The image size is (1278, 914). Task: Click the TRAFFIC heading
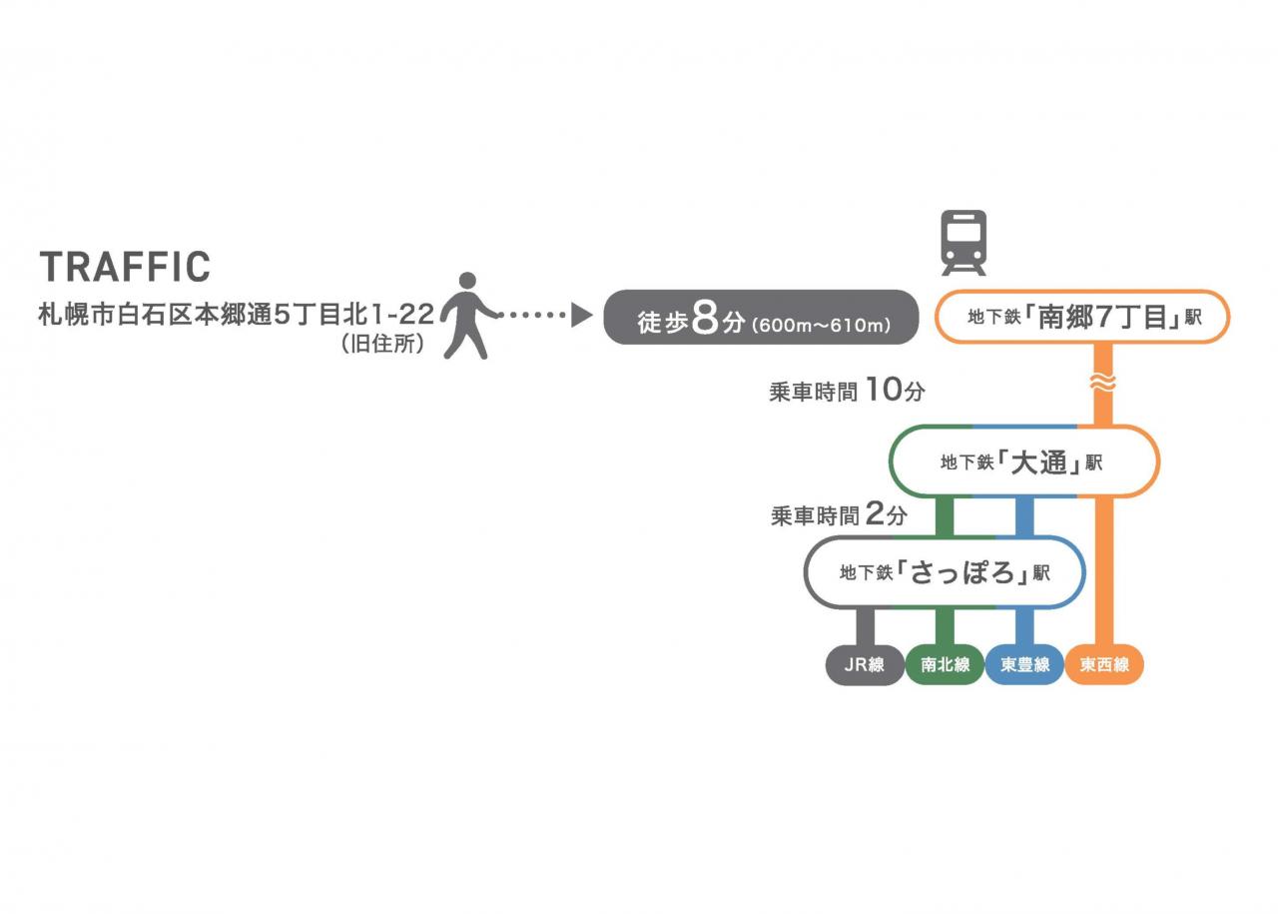pos(125,267)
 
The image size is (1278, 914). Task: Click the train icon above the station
pos(963,242)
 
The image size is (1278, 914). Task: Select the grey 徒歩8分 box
pos(761,318)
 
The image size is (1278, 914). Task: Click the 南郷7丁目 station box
pos(1081,318)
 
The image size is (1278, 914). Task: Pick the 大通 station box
pos(1023,461)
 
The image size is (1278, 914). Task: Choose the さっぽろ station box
pos(944,572)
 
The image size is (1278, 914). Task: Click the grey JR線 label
pos(865,664)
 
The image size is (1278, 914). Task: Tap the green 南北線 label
pos(945,664)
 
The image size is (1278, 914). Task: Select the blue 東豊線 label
pos(1024,664)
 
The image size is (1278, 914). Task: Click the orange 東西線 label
pos(1104,664)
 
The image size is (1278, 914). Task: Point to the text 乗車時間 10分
pos(847,391)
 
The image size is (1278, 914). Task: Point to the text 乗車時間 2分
pos(839,515)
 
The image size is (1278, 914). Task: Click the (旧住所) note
pos(382,345)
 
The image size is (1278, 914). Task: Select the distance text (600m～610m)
pos(821,325)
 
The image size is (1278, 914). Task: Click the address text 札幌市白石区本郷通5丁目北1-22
pos(236,315)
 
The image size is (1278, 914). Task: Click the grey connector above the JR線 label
pos(865,625)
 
